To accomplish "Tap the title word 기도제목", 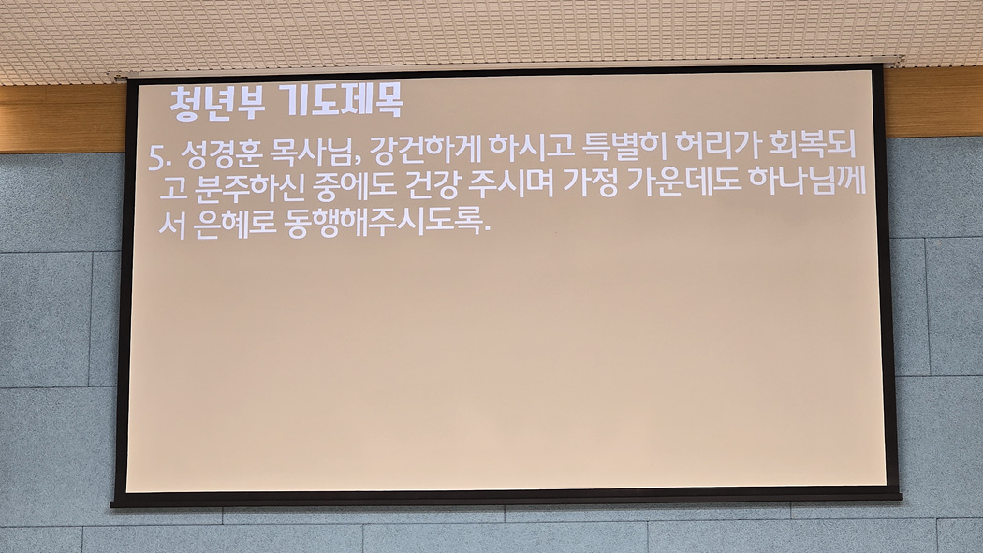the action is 343,101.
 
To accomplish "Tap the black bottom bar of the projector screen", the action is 506,499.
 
